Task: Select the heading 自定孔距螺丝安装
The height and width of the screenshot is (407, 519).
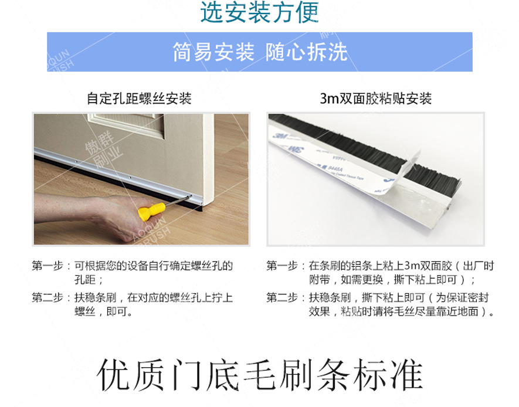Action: point(139,97)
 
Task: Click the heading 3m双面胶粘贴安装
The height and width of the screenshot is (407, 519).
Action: point(376,98)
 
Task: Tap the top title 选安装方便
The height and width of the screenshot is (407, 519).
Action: point(259,12)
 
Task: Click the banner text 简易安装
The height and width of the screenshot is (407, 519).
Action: point(213,52)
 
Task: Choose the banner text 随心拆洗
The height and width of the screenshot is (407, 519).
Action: point(306,52)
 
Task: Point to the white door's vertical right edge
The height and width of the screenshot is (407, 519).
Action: point(208,158)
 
